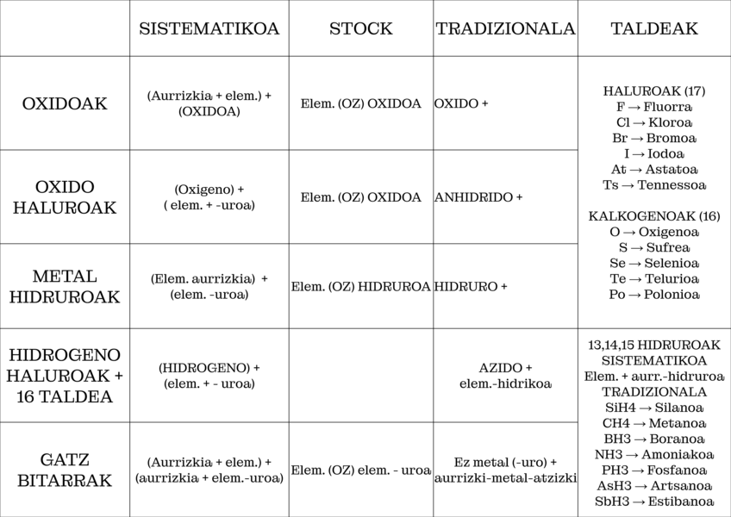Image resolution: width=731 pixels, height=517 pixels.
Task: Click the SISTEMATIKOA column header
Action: tap(209, 28)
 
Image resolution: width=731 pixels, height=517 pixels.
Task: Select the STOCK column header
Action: tap(360, 28)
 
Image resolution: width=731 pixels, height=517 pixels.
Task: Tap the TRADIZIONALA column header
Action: tap(505, 28)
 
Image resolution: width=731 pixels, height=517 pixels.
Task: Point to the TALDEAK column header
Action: tap(654, 28)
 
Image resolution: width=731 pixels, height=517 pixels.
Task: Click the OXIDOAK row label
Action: tap(65, 103)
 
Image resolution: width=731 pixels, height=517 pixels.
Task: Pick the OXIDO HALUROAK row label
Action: tap(65, 197)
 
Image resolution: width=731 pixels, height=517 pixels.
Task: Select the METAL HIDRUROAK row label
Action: tap(65, 287)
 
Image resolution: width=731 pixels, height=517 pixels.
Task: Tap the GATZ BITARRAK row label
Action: tap(65, 470)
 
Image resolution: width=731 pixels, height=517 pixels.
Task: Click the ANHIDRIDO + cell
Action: tap(478, 197)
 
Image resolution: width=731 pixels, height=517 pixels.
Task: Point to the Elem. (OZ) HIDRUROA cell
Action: tap(360, 287)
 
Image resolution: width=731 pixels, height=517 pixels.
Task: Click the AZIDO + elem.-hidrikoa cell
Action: tap(505, 375)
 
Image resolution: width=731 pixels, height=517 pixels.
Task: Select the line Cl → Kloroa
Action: tap(654, 122)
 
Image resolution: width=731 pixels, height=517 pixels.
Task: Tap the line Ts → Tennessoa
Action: tap(654, 185)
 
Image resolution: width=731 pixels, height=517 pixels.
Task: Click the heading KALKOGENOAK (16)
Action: tap(654, 215)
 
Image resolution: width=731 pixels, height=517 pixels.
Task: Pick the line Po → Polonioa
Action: tap(654, 295)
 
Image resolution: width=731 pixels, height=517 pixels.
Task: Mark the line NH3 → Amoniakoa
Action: tap(654, 454)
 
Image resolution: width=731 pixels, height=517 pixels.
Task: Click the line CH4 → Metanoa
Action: tap(654, 423)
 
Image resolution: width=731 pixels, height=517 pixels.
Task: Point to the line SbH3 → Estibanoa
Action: tap(654, 501)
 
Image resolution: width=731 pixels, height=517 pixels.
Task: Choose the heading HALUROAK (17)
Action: tap(654, 90)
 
